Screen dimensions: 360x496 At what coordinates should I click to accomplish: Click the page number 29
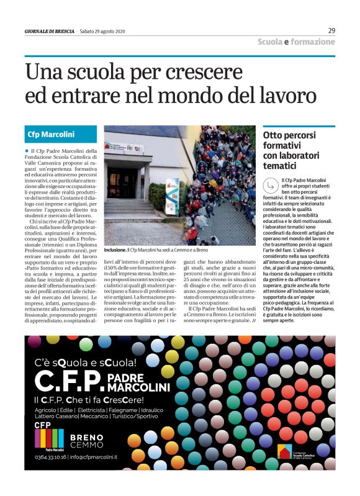click(x=331, y=30)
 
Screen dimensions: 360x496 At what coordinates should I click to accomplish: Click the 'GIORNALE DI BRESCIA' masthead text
click(x=50, y=31)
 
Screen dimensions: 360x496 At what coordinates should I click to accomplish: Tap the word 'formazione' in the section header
click(x=313, y=42)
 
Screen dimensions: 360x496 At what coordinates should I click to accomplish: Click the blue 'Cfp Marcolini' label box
click(x=61, y=134)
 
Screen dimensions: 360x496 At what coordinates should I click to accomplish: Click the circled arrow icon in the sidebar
click(x=271, y=184)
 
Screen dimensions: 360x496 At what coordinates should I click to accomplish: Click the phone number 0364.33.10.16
click(x=49, y=457)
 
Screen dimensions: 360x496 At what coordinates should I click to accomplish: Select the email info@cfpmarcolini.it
click(x=93, y=457)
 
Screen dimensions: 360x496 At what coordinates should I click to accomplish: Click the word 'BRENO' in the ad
click(x=86, y=437)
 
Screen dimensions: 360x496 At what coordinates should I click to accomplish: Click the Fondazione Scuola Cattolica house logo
click(x=284, y=454)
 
